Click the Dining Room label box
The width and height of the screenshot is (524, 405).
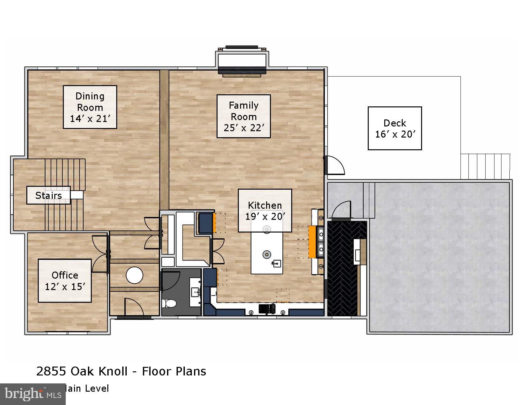pyautogui.click(x=90, y=107)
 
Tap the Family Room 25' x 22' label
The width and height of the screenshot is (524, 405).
pyautogui.click(x=244, y=116)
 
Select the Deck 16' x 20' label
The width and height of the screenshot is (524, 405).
pyautogui.click(x=395, y=128)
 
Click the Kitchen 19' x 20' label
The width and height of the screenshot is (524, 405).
pyautogui.click(x=265, y=211)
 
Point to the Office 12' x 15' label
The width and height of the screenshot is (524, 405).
pyautogui.click(x=65, y=280)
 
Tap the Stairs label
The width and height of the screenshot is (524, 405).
pyautogui.click(x=48, y=195)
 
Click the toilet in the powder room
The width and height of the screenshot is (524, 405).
pyautogui.click(x=169, y=304)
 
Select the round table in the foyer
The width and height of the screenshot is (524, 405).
pyautogui.click(x=134, y=275)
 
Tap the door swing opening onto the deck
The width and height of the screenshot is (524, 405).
pyautogui.click(x=335, y=165)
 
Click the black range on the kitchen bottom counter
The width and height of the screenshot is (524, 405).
pyautogui.click(x=267, y=309)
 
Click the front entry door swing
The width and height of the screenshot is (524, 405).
pyautogui.click(x=133, y=307)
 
